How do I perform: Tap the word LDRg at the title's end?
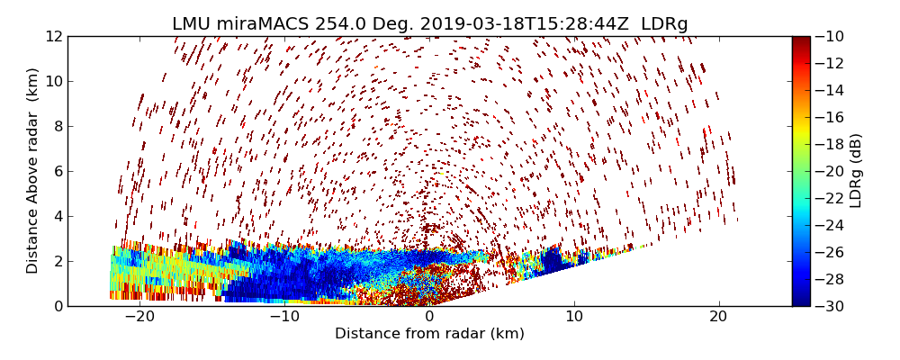pyautogui.click(x=664, y=24)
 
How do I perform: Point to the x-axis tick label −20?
pyautogui.click(x=139, y=317)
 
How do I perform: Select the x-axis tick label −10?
pyautogui.click(x=284, y=317)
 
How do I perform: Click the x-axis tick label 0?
pyautogui.click(x=429, y=317)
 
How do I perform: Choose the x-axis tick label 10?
pyautogui.click(x=574, y=317)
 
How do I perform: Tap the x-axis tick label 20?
pyautogui.click(x=718, y=317)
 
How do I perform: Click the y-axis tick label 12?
pyautogui.click(x=52, y=37)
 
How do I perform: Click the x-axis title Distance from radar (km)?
pyautogui.click(x=429, y=334)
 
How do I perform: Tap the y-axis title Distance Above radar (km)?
pyautogui.click(x=33, y=171)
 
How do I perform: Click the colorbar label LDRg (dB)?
pyautogui.click(x=856, y=171)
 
